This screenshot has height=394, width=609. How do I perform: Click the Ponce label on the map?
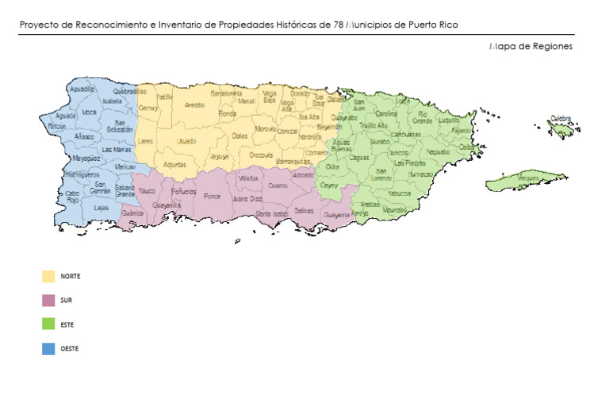(212, 196)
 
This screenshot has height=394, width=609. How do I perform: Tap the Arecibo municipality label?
(195, 105)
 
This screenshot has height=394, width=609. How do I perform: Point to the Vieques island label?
(528, 179)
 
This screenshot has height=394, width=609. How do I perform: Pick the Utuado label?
(186, 141)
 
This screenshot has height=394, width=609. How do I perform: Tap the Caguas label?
(359, 158)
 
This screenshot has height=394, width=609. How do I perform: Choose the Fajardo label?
(461, 130)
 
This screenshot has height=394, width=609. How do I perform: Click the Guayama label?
(337, 214)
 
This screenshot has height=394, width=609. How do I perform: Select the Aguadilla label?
(82, 90)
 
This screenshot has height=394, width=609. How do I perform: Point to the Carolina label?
(387, 113)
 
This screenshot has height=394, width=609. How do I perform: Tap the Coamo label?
(278, 186)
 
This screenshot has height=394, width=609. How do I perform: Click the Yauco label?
(147, 191)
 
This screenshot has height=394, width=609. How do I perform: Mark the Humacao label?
(421, 174)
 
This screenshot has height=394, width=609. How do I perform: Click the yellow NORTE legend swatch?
(48, 276)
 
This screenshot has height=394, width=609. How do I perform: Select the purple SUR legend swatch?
(48, 300)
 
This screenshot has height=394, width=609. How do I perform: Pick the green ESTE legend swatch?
(48, 324)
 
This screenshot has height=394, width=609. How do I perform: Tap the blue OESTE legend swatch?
(48, 348)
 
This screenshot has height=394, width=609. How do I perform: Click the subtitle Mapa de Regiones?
(530, 46)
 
